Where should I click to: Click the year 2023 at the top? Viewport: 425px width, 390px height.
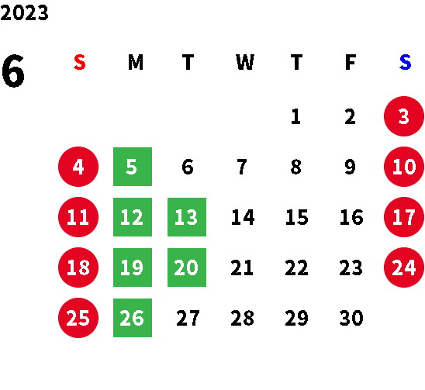pos(24,13)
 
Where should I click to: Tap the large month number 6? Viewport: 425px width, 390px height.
pos(13,71)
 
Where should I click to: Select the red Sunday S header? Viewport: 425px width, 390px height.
pos(80,62)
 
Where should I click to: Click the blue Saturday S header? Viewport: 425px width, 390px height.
pos(405,62)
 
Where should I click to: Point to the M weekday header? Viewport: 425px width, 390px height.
pos(136,62)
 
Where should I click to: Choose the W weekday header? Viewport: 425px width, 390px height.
pos(245,62)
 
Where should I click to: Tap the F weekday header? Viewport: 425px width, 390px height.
pos(351,62)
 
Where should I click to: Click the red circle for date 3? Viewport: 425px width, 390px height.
pos(404,116)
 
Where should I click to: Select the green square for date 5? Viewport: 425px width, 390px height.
pos(133,167)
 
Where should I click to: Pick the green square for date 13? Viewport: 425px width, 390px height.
pos(187,217)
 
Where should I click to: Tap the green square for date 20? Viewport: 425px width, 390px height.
pos(187,267)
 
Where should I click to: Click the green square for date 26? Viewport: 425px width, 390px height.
pos(133,318)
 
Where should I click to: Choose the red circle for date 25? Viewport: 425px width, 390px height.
pos(78,318)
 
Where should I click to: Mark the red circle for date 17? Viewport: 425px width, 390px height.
pos(404,217)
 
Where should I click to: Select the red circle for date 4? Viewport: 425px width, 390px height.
pos(78,167)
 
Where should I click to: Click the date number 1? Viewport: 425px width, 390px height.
pos(295,116)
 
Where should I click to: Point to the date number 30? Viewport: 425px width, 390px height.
pos(351,318)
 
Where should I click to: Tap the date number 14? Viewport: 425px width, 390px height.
pos(243,217)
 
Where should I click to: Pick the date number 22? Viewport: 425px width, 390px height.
pos(296,267)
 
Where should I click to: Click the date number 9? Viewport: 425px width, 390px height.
pos(350,167)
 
